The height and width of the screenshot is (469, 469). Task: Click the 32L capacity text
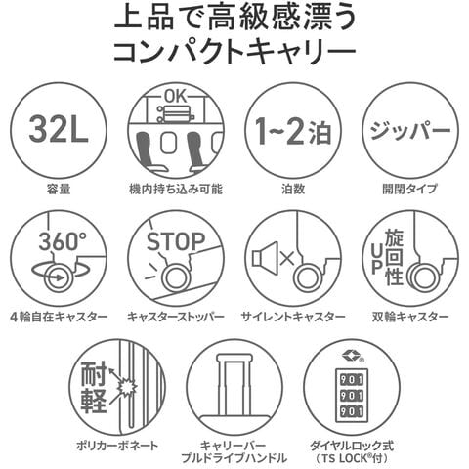pyautogui.click(x=59, y=130)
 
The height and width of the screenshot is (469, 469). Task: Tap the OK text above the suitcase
pyautogui.click(x=176, y=97)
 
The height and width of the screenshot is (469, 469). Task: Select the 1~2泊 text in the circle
pyautogui.click(x=293, y=131)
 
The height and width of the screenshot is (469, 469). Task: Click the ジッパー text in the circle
pyautogui.click(x=410, y=130)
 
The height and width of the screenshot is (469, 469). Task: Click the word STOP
pyautogui.click(x=176, y=241)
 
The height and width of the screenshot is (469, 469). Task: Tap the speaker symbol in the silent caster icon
pyautogui.click(x=265, y=258)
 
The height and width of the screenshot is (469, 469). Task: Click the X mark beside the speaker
pyautogui.click(x=287, y=258)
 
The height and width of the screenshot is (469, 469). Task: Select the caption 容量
pyautogui.click(x=59, y=189)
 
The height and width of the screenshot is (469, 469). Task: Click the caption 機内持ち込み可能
pyautogui.click(x=176, y=189)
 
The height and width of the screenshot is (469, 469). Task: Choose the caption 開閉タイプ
pyautogui.click(x=410, y=189)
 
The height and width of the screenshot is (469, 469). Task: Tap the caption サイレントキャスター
pyautogui.click(x=293, y=317)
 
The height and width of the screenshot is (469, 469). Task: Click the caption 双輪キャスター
pyautogui.click(x=410, y=317)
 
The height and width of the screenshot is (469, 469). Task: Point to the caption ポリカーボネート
pyautogui.click(x=117, y=445)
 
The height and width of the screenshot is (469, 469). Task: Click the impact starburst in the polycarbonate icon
pyautogui.click(x=127, y=388)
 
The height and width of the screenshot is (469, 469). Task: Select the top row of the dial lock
pyautogui.click(x=352, y=379)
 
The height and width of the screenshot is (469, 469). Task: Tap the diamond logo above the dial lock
pyautogui.click(x=351, y=354)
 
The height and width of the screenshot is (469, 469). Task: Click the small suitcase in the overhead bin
pyautogui.click(x=176, y=115)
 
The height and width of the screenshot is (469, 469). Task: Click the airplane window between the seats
pyautogui.click(x=168, y=143)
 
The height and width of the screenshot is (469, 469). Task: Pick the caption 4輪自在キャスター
pyautogui.click(x=59, y=317)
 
